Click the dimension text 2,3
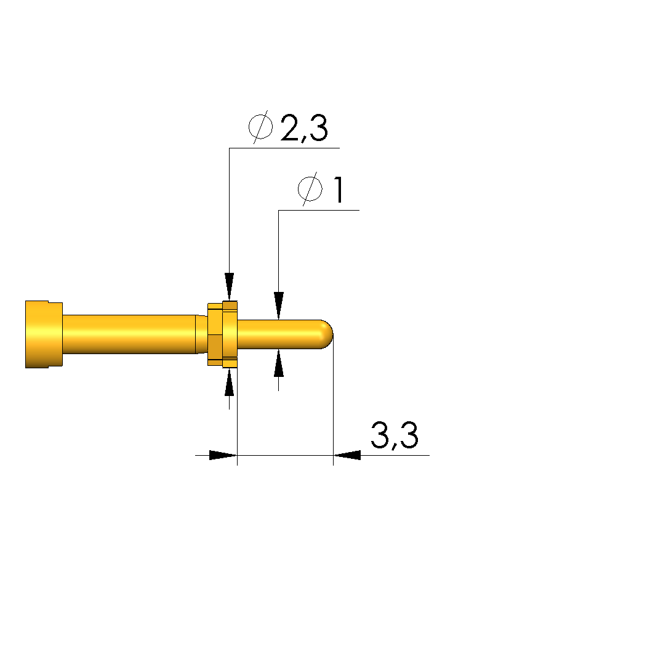click(x=304, y=127)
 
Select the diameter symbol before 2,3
click(x=260, y=127)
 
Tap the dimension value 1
click(x=339, y=190)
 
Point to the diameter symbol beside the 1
click(x=310, y=189)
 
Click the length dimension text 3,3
click(x=395, y=435)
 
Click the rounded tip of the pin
click(x=327, y=334)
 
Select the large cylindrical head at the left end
click(x=44, y=334)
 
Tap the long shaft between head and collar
click(x=129, y=334)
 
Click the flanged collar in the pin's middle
click(x=222, y=334)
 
